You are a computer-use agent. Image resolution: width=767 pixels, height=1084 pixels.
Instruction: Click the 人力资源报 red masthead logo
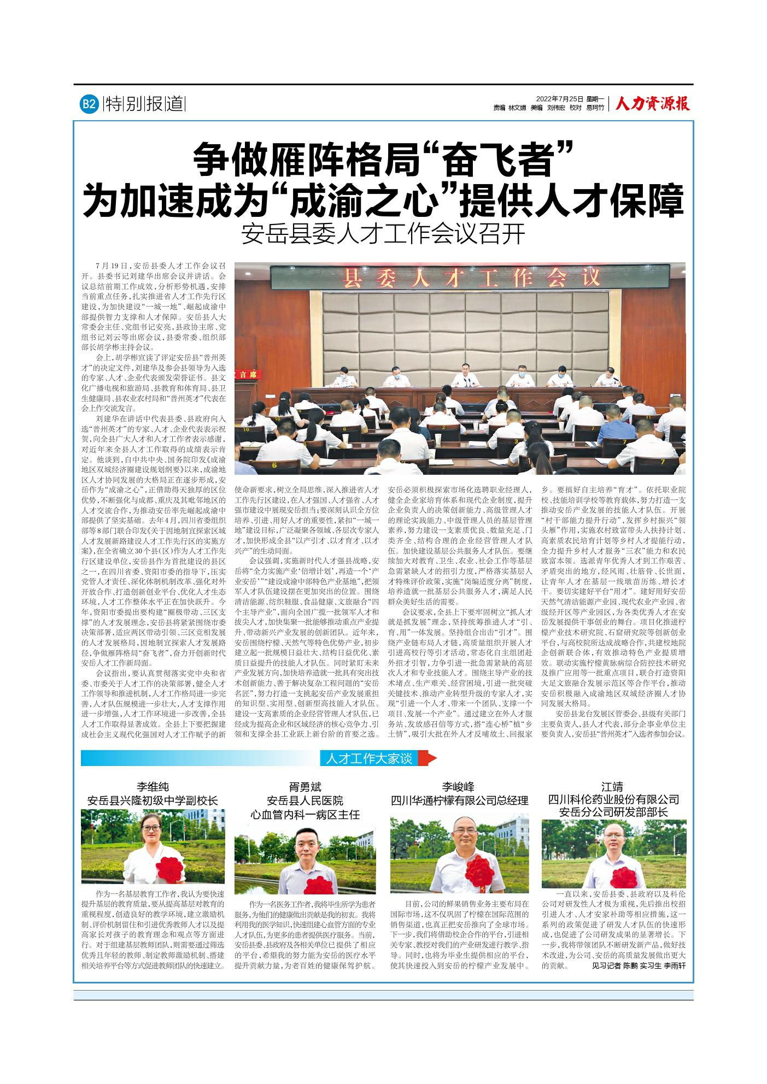(x=652, y=103)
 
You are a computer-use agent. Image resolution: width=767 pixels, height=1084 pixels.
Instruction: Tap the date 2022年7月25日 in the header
(x=560, y=99)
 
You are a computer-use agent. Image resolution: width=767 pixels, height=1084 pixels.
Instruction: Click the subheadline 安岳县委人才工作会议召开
(x=383, y=234)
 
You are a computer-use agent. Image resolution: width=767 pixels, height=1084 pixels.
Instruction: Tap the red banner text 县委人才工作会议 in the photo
(x=471, y=279)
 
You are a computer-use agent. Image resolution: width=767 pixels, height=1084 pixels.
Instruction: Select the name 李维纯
(x=153, y=787)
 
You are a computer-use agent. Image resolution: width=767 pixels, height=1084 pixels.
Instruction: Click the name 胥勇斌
(x=305, y=787)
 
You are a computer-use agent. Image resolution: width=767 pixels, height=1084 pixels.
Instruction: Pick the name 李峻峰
(x=459, y=787)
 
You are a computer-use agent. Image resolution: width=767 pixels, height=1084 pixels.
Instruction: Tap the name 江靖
(x=613, y=787)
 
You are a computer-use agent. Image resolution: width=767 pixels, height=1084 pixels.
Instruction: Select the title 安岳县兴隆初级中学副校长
(x=153, y=801)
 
